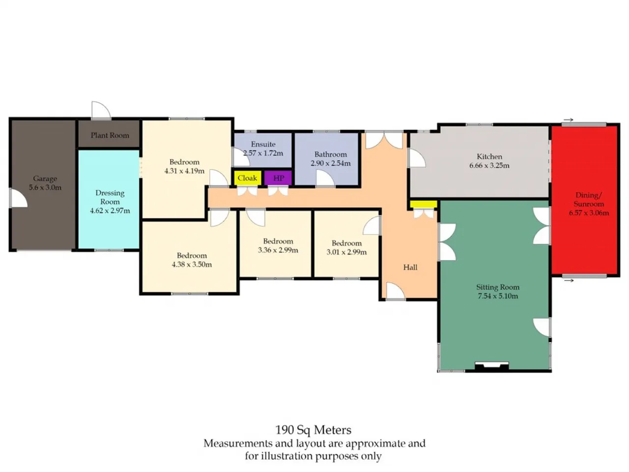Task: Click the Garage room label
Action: point(45,178)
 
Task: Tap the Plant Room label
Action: point(110,135)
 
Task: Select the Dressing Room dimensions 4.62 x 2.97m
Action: point(110,210)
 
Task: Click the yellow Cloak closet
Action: point(248,178)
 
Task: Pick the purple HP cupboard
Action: point(278,178)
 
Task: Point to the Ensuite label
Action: point(263,144)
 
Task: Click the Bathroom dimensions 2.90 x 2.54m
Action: point(330,163)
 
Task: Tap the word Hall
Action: point(410,267)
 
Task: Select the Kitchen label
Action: point(489,156)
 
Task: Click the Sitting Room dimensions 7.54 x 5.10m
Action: point(498,296)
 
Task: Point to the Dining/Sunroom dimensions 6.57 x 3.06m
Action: point(589,212)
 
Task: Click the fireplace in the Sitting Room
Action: point(492,366)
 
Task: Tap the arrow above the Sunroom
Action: point(568,120)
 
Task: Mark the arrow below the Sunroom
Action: point(569,280)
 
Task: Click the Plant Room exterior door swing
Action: point(101,110)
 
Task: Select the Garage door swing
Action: point(19,198)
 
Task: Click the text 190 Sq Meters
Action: point(313,430)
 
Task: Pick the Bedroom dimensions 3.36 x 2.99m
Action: point(278,250)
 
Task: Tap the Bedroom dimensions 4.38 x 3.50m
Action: point(192,264)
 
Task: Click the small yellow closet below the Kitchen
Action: point(423,204)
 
